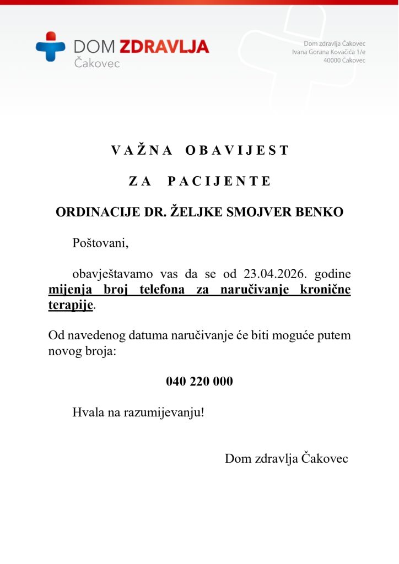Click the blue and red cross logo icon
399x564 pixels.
pos(51,46)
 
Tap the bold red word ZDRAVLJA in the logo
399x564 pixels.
pos(164,46)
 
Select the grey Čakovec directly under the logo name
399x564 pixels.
pos(96,63)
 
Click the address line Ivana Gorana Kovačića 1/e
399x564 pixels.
pos(328,52)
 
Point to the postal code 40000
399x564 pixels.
pos(332,60)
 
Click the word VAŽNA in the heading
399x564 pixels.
pos(142,150)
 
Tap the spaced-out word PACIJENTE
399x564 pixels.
pos(219,181)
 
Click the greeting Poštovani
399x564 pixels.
pos(100,243)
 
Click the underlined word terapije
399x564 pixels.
pos(71,305)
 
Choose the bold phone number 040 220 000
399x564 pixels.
pos(199,381)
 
